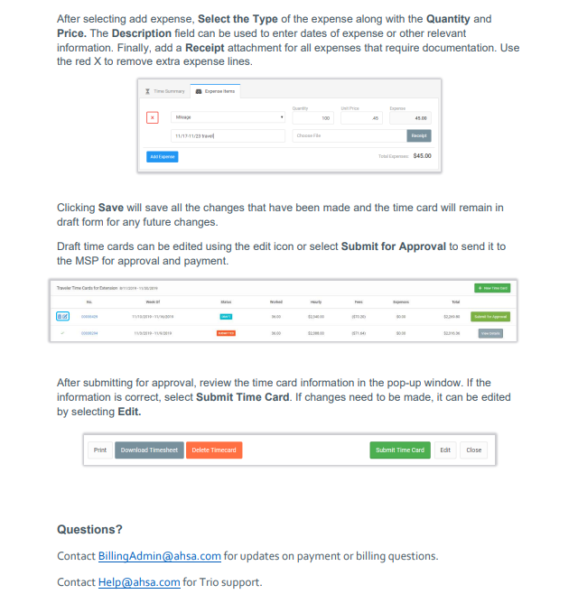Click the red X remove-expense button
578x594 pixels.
click(x=153, y=117)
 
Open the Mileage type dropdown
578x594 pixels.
click(x=228, y=117)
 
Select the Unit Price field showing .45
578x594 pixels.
click(x=360, y=118)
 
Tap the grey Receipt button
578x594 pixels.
click(x=418, y=135)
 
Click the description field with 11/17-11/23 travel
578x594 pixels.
click(x=228, y=135)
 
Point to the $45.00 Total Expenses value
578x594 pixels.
click(x=422, y=156)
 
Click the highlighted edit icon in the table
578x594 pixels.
click(x=63, y=317)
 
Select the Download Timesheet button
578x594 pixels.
click(x=149, y=450)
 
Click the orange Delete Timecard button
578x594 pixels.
click(x=214, y=450)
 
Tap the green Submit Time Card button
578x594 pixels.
click(x=400, y=450)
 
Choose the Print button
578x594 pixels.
click(x=100, y=450)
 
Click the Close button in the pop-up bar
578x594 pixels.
click(x=474, y=450)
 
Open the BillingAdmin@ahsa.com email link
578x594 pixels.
click(x=160, y=556)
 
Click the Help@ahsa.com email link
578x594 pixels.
click(x=139, y=581)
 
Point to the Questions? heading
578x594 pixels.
click(x=89, y=529)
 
